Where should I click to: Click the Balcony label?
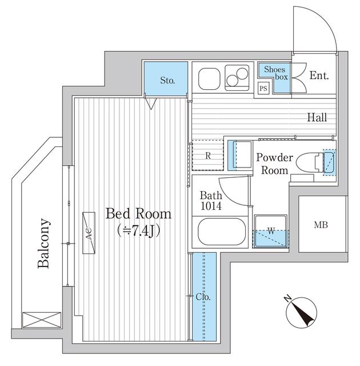click(x=44, y=243)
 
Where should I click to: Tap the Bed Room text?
click(x=138, y=213)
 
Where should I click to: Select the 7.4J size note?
click(x=138, y=231)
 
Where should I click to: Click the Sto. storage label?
click(x=167, y=81)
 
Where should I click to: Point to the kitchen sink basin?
click(x=209, y=78)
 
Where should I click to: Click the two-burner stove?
click(x=237, y=78)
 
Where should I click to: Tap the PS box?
click(x=263, y=89)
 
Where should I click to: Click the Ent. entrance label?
click(x=319, y=75)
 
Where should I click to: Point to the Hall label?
click(x=317, y=117)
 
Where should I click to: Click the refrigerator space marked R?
click(x=208, y=155)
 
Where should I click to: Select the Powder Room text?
click(x=275, y=164)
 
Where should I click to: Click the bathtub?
click(x=222, y=232)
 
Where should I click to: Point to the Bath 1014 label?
click(x=211, y=201)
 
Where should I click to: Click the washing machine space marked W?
click(x=271, y=231)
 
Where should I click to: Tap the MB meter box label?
click(x=321, y=225)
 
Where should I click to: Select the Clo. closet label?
click(x=203, y=297)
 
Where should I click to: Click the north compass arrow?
click(x=302, y=313)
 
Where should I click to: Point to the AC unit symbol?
click(x=89, y=233)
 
